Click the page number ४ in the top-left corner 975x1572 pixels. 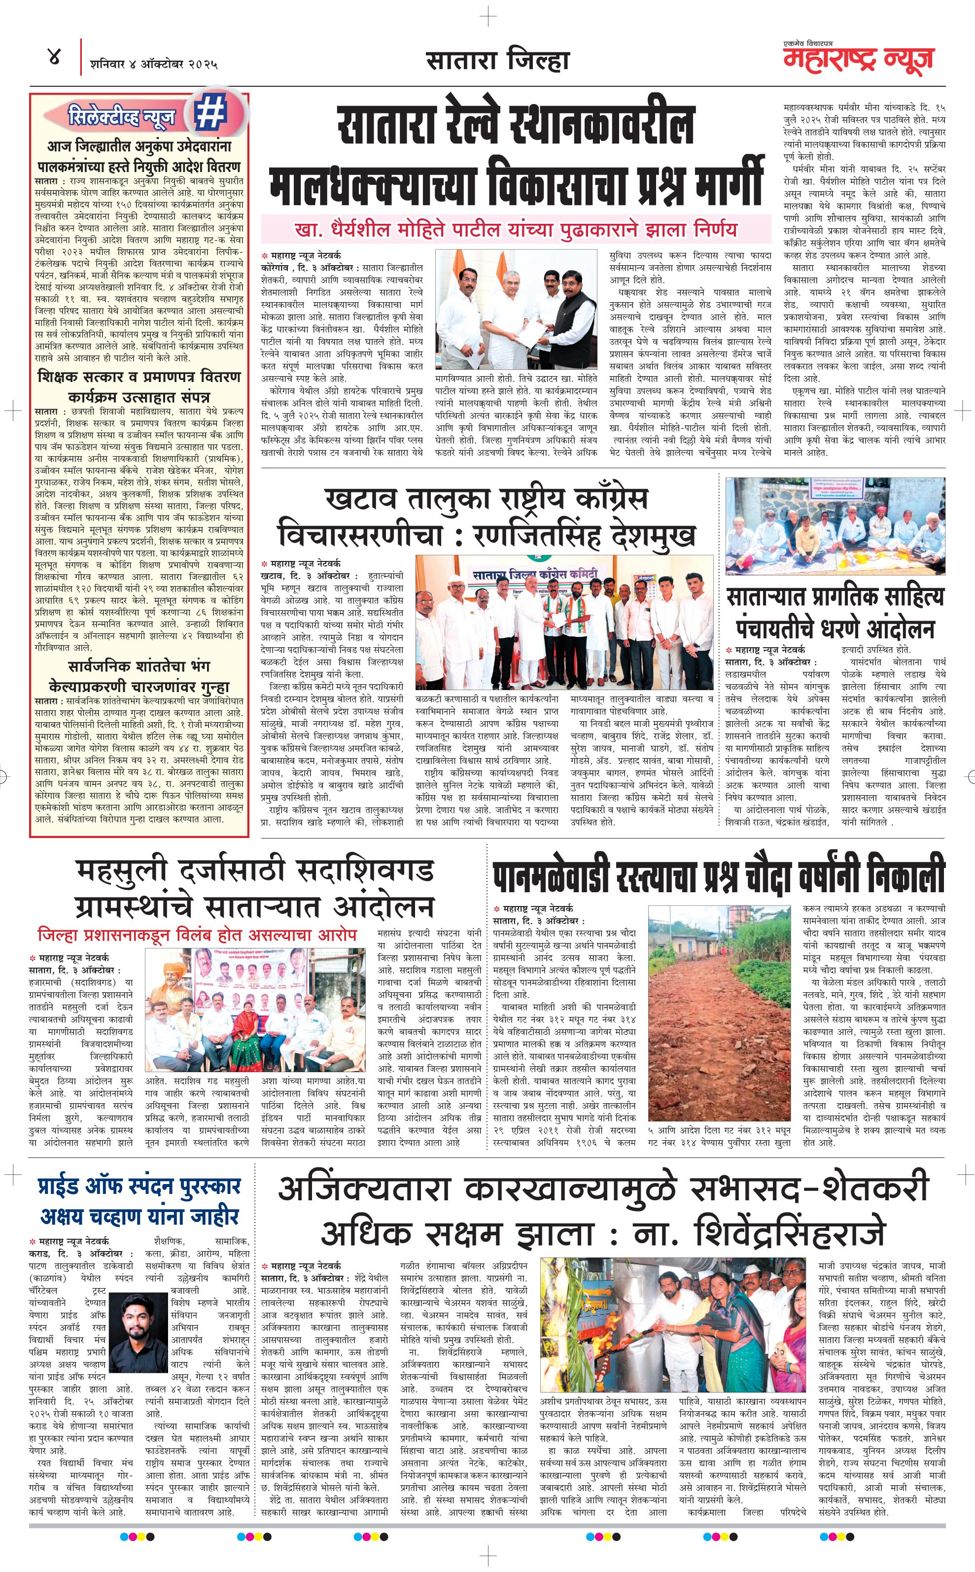pyautogui.click(x=54, y=57)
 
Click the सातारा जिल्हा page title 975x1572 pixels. pyautogui.click(x=497, y=61)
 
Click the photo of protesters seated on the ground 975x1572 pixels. pyautogui.click(x=835, y=527)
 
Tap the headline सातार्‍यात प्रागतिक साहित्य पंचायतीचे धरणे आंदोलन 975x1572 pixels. pyautogui.click(x=835, y=611)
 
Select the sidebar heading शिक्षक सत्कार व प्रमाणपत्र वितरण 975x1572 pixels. pyautogui.click(x=139, y=376)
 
